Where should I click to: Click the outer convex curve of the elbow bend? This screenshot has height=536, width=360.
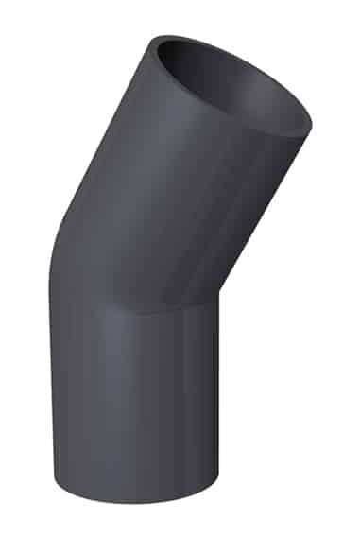[x=59, y=246]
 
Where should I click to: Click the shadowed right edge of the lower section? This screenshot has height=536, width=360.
[x=213, y=406]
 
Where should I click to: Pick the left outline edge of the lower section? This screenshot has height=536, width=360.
[x=51, y=397]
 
